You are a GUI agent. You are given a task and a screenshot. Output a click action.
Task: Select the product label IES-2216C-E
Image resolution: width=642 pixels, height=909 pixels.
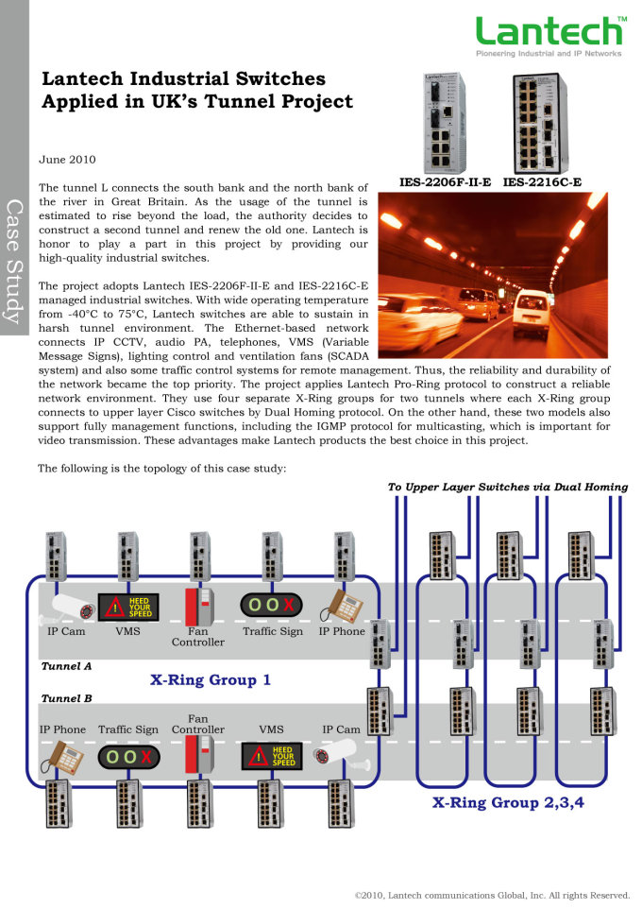[542, 181]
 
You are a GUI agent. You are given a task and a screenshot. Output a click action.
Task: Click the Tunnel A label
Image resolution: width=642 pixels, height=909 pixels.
[66, 666]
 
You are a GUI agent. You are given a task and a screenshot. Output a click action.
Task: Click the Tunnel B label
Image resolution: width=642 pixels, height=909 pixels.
[66, 699]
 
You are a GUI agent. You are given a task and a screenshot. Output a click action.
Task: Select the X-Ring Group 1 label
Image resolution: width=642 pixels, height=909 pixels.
[211, 679]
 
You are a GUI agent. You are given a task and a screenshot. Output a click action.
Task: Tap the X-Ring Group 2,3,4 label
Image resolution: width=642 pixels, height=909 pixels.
[508, 803]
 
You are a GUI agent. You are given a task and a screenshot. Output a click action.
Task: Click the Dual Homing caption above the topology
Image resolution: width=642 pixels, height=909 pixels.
[507, 488]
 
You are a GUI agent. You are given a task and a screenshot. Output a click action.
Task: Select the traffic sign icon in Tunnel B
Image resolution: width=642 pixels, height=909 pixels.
[128, 758]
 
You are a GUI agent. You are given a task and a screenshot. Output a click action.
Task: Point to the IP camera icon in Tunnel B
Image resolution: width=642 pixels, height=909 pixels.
[342, 757]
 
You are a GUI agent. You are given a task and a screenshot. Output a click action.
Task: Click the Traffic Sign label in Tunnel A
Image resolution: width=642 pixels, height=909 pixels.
[273, 631]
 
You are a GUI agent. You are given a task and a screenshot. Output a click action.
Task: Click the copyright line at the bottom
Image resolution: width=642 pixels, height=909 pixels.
[492, 894]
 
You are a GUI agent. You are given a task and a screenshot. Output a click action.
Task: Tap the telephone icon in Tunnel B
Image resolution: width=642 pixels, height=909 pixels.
[59, 757]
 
